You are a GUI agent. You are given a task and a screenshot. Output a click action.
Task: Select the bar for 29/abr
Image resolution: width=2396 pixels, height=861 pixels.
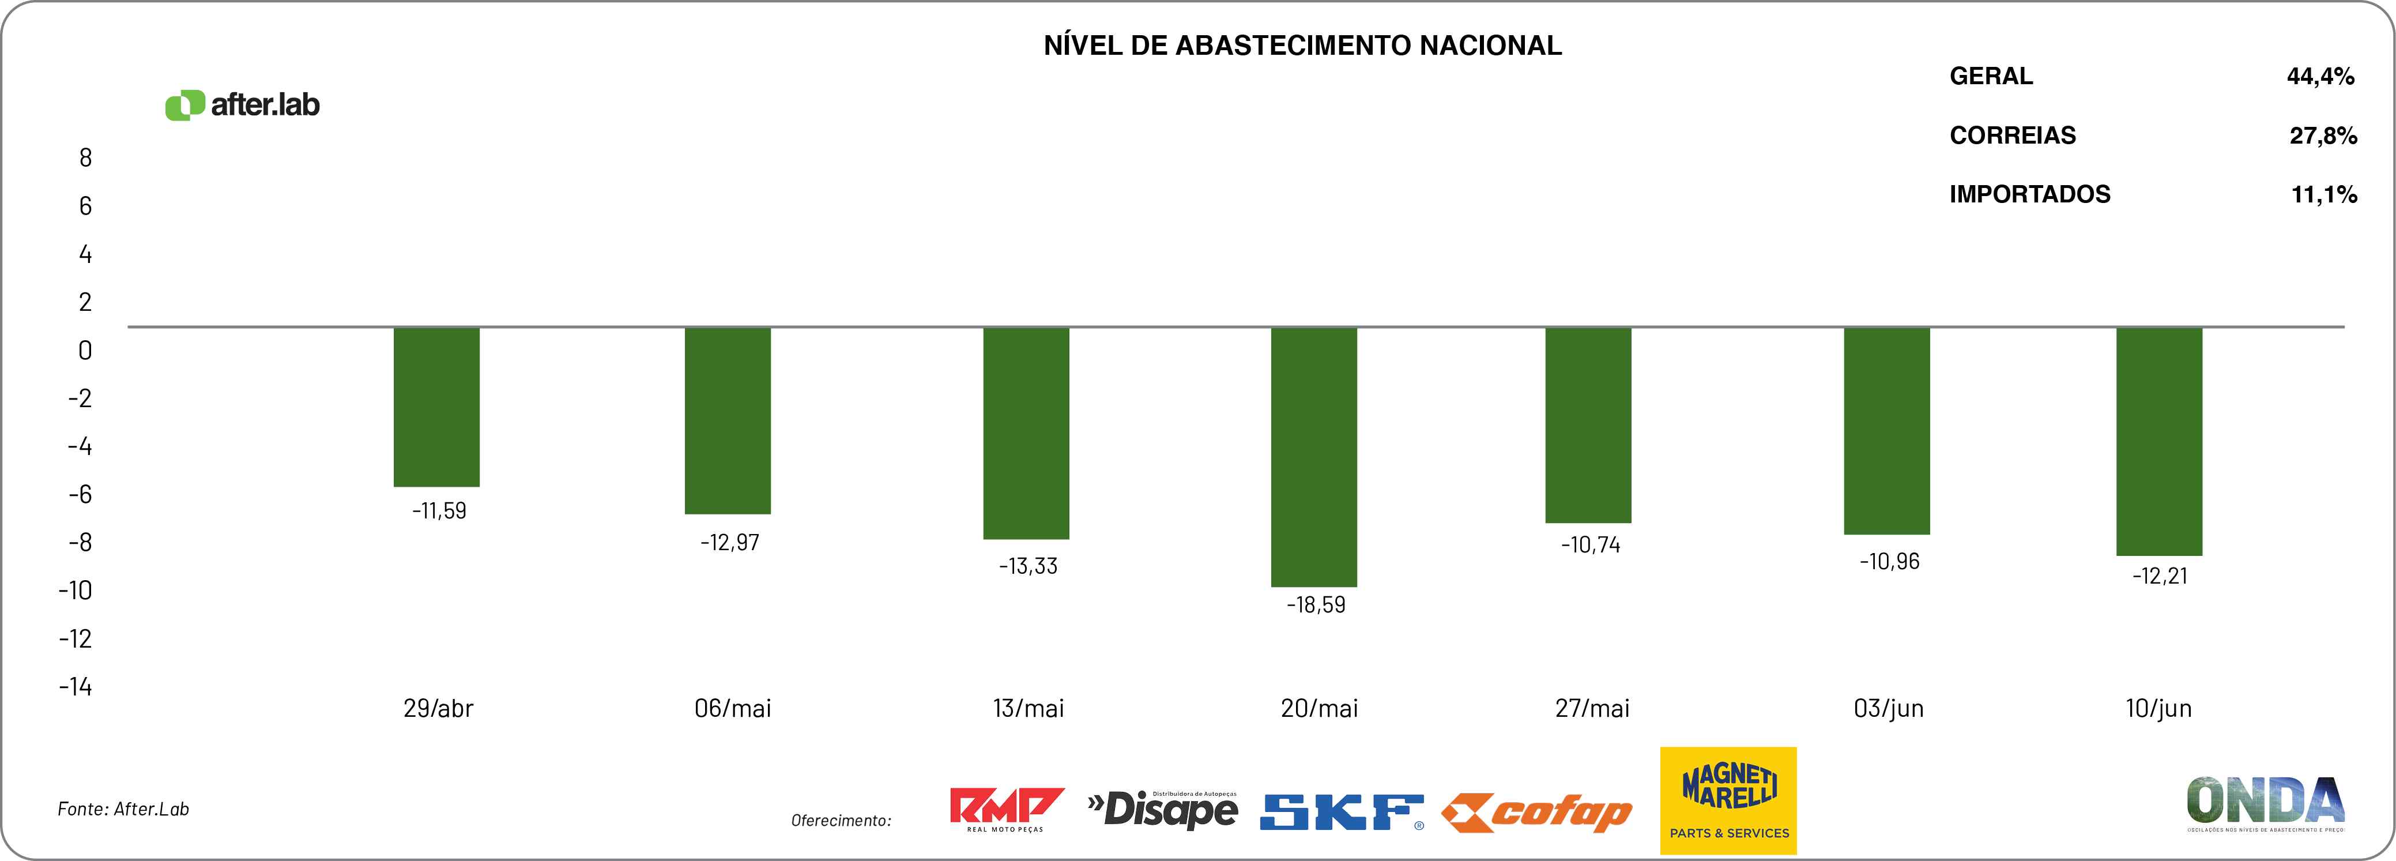pos(436,407)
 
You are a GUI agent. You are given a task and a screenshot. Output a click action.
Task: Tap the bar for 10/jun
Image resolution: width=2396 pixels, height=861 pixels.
pos(2159,441)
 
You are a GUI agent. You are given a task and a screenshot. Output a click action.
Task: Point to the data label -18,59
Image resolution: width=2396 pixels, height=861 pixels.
pos(1315,605)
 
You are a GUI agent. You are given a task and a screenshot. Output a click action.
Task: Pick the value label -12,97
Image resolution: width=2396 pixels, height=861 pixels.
pos(729,543)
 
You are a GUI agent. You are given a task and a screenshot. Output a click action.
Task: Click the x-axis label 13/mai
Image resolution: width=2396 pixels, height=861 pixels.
pos(1028,708)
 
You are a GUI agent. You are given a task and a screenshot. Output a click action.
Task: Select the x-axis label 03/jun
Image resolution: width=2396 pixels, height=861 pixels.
pos(1888,708)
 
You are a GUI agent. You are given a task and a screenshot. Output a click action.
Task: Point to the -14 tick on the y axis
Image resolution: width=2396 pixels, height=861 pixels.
pos(76,687)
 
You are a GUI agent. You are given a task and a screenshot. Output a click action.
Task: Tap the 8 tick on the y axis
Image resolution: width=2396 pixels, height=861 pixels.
pos(85,158)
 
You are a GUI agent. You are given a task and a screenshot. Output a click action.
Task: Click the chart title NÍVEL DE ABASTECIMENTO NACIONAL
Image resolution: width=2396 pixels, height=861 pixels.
pos(1302,46)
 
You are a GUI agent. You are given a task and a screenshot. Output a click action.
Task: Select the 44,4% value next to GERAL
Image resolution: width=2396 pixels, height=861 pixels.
pos(2320,76)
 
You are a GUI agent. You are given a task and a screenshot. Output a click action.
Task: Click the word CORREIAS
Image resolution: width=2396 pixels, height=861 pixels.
pos(2012,136)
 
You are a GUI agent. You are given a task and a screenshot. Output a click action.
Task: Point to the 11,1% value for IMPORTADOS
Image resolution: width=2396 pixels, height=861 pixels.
pos(2323,194)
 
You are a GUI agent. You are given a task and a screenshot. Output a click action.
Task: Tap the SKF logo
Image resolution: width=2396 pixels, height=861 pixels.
pos(1341,811)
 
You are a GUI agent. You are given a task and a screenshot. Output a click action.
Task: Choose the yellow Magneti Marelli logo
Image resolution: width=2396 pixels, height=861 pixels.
pos(1728,800)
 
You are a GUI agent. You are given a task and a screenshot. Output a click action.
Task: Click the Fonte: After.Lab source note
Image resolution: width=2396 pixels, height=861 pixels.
pos(124,809)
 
